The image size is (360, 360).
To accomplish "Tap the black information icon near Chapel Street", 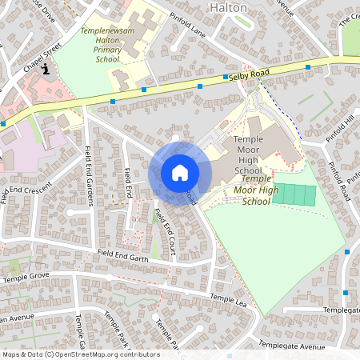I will (x=46, y=69).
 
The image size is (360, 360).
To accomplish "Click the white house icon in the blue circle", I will (x=180, y=173).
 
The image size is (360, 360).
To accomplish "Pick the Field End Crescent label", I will (x=26, y=193).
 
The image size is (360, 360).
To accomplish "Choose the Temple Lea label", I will (x=228, y=299).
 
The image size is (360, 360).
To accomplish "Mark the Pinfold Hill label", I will (x=338, y=129).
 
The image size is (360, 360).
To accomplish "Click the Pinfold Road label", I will (x=340, y=179).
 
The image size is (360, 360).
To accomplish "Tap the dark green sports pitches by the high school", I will (x=294, y=194).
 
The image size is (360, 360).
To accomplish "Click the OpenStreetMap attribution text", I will (x=81, y=354).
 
